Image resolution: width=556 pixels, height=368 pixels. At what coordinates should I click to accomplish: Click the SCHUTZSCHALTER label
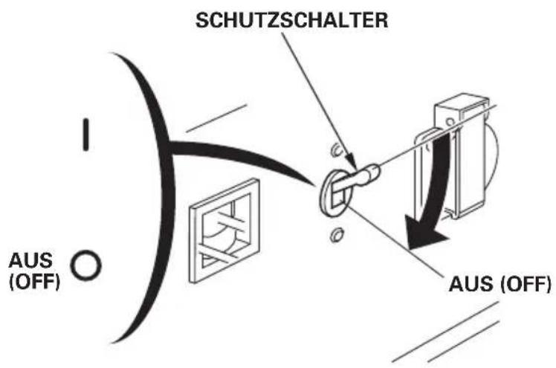pos(291,20)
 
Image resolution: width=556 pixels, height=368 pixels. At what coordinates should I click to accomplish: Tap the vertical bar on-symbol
pos(85,135)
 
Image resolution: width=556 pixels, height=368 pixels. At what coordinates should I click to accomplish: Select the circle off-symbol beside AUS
pos(85,265)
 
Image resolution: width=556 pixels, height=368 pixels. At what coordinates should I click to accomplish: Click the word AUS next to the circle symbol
pos(30,261)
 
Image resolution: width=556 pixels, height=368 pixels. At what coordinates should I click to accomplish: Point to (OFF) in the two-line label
pos(34,282)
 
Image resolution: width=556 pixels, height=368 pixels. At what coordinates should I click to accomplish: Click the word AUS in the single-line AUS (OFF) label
pos(471,284)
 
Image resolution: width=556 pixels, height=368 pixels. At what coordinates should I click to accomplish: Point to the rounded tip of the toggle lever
pos(374,172)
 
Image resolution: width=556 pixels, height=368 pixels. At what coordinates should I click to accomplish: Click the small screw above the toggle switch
pos(335,150)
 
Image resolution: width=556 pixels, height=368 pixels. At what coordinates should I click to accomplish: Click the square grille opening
pos(224,230)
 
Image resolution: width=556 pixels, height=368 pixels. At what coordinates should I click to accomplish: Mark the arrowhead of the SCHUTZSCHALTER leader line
pos(352,161)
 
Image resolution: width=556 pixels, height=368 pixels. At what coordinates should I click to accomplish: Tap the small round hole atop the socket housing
pos(450,123)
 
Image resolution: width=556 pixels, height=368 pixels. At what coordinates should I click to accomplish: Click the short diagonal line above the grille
pos(216,118)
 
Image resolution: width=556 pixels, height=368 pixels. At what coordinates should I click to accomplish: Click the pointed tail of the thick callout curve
pos(314,184)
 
